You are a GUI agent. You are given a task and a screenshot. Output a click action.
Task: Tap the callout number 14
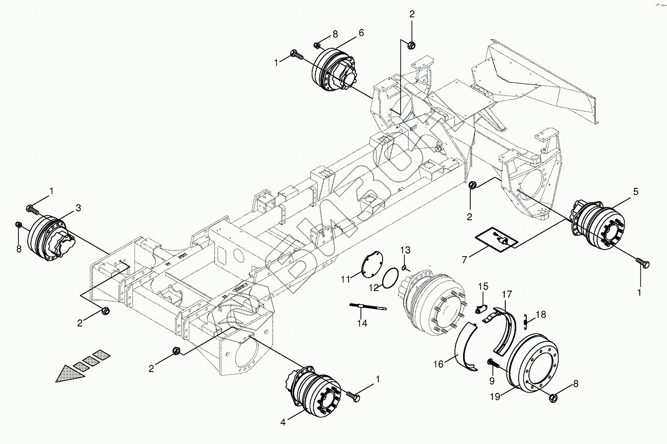coord(362,323)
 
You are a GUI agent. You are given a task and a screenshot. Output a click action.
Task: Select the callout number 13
coord(405,250)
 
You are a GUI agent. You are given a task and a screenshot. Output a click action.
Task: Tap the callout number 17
coord(507,295)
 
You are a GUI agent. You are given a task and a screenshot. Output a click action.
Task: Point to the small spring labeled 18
coord(525,320)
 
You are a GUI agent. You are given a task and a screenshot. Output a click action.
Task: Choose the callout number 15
coord(483,286)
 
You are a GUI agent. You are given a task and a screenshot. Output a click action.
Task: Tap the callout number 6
coord(361,32)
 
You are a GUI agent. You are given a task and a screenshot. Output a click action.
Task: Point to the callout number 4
coord(282,422)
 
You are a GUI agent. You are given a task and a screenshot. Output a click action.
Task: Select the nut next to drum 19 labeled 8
coord(554,397)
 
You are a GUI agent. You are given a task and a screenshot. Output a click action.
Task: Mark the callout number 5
coord(636,192)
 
